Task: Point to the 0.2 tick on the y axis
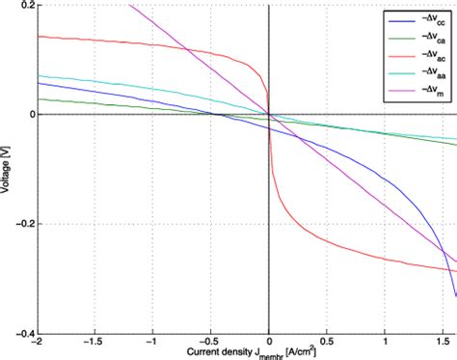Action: (x=26, y=6)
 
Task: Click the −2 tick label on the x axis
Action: (x=37, y=342)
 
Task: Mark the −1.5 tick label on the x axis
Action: (x=94, y=342)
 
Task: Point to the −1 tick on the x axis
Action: (x=152, y=342)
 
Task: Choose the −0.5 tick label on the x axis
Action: (x=209, y=342)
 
